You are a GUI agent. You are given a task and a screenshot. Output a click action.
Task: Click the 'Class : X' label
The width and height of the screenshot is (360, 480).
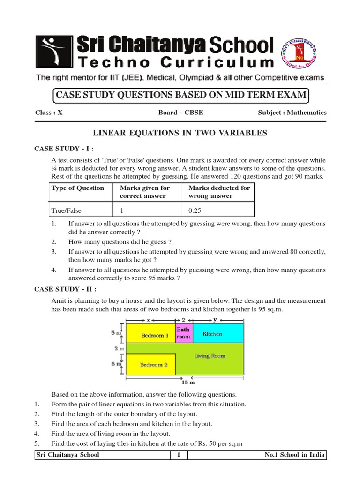49,112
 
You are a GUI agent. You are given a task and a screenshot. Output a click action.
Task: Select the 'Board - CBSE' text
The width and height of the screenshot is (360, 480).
180,112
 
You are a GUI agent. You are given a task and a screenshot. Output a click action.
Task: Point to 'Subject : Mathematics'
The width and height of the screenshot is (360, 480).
292,112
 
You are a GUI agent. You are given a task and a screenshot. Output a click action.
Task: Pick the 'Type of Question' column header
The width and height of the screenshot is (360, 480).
77,188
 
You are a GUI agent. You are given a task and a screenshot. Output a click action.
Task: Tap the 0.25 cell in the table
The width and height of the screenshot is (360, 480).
195,210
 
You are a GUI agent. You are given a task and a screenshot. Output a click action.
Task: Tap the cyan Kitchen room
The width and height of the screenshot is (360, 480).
217,334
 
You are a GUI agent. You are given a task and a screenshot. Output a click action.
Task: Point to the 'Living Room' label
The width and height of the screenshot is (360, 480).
210,356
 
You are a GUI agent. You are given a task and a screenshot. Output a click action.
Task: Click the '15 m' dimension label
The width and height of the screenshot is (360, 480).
188,382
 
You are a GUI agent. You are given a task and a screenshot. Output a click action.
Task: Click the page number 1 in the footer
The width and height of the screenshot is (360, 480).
179,455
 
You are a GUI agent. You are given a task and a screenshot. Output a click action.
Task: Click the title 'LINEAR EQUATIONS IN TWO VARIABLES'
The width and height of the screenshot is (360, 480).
180,134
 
